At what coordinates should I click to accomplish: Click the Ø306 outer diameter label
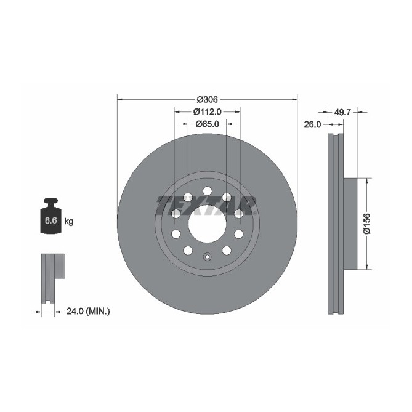point(208,99)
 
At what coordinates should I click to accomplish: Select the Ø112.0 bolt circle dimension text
point(207,111)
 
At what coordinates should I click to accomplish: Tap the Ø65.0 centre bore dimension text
point(208,124)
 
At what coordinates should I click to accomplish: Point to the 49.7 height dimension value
point(342,112)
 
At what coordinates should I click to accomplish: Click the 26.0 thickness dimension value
point(313,124)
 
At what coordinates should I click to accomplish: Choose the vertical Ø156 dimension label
point(366,223)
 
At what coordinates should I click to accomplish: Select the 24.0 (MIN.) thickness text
point(88,312)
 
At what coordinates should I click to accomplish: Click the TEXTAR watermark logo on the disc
point(206,205)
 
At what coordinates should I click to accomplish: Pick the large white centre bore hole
point(207,223)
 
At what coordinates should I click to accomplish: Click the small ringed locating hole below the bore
point(208,257)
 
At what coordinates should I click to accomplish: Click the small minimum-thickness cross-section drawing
point(52,278)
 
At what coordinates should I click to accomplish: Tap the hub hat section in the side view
point(349,223)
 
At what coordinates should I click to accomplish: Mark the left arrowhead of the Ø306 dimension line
point(119,99)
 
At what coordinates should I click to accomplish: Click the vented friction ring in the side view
point(334,223)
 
